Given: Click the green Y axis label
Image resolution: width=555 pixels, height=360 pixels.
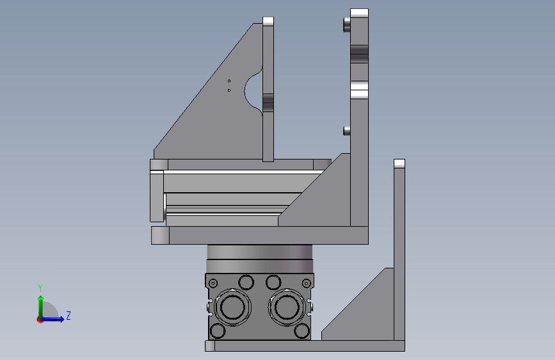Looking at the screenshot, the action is pyautogui.click(x=40, y=288).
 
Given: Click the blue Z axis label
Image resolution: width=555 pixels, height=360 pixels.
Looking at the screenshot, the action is pyautogui.click(x=68, y=315).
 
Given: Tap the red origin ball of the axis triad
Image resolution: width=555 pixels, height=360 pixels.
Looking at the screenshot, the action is pyautogui.click(x=40, y=320).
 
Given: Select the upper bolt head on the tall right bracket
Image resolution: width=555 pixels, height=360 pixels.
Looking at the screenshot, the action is pyautogui.click(x=346, y=25).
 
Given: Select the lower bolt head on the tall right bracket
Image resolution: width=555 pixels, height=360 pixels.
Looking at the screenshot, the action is pyautogui.click(x=346, y=131).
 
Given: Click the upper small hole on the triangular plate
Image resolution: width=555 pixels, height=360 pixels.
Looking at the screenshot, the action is pyautogui.click(x=229, y=81).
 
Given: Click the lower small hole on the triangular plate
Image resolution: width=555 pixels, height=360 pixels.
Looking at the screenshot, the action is pyautogui.click(x=229, y=90).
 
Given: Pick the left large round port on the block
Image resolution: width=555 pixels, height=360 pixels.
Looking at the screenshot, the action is pyautogui.click(x=232, y=307).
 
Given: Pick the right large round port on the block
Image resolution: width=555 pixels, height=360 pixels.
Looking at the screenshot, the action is pyautogui.click(x=287, y=307).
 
